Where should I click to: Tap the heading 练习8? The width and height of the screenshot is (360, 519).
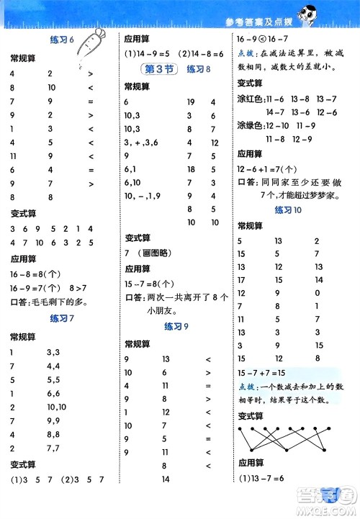tap(198, 69)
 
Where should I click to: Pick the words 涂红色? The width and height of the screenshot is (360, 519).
tap(249, 98)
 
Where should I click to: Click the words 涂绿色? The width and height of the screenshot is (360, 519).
tap(249, 126)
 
